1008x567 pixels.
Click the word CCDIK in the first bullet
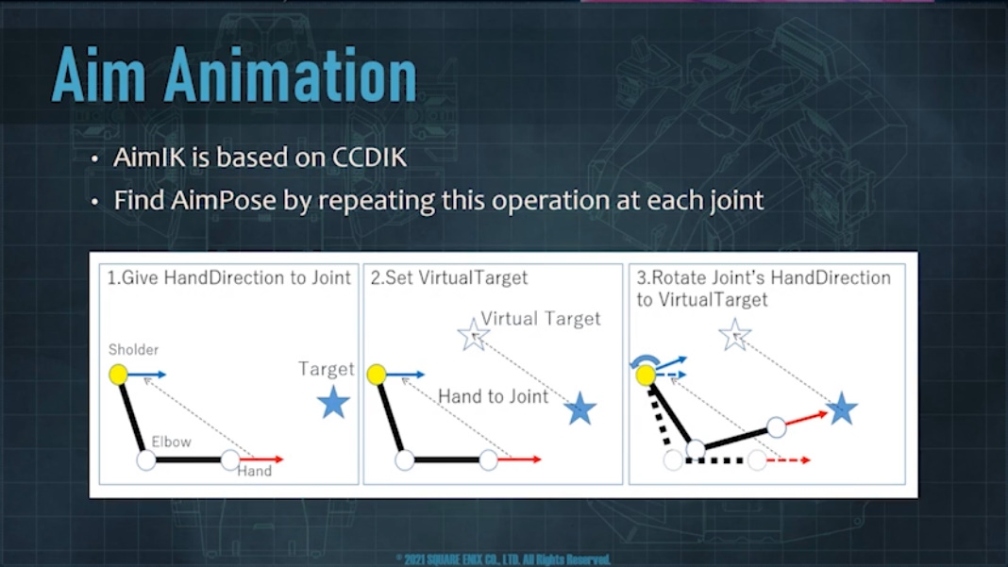(369, 158)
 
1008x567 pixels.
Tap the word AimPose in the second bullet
(224, 201)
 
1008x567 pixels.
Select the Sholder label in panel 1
(133, 350)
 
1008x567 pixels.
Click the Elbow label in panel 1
(171, 442)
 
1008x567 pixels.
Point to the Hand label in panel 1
(255, 471)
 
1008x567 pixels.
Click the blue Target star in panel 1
(334, 403)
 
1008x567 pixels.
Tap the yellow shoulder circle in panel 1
(118, 375)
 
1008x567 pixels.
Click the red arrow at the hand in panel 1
(261, 459)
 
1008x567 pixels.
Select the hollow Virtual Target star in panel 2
(473, 334)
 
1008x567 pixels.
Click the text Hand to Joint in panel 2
(493, 396)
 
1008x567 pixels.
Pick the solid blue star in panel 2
(580, 409)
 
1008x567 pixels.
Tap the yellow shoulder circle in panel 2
(377, 375)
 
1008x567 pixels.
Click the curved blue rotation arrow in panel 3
(644, 359)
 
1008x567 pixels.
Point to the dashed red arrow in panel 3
(789, 460)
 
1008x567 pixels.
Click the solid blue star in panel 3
(842, 409)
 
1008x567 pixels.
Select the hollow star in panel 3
(735, 334)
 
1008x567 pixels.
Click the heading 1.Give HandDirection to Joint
(228, 277)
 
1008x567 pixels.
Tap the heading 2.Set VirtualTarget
(448, 277)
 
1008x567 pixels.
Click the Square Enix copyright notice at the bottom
(503, 559)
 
